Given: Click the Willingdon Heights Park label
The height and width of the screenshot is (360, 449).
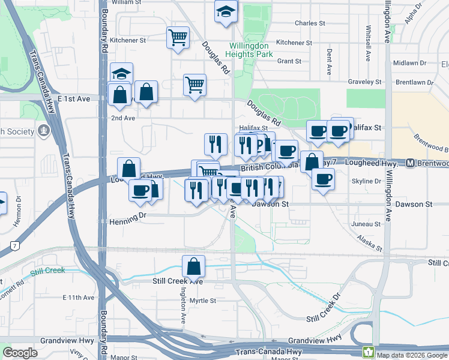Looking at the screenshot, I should [251, 49].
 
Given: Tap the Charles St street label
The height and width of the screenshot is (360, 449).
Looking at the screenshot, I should [310, 23].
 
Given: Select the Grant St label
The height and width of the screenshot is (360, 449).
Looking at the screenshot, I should [289, 61].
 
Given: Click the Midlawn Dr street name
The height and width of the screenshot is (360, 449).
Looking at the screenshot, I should [409, 63].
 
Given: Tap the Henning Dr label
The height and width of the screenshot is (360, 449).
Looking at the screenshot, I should [128, 222].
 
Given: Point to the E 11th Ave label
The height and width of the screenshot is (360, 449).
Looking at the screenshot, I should [79, 298].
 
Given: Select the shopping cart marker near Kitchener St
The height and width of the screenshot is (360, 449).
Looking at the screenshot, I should [178, 37].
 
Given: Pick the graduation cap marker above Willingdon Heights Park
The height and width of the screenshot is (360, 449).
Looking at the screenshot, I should [226, 11].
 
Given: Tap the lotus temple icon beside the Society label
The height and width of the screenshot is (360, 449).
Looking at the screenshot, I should [43, 130].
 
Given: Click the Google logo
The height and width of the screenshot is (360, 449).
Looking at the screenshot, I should [20, 353].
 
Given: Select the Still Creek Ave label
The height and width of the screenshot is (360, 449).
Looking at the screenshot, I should [178, 281].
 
